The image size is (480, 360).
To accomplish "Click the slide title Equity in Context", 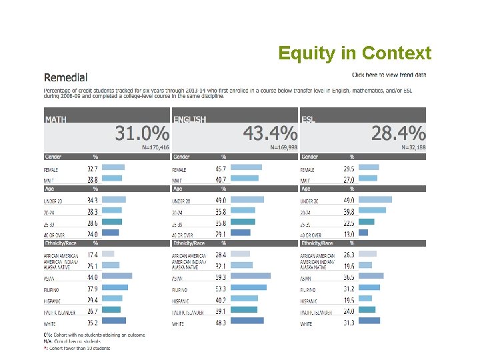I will point(355,53).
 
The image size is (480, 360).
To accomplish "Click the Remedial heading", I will point(65,78).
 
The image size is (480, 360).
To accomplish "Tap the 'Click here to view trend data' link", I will point(389,75).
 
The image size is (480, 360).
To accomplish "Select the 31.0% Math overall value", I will point(142,133).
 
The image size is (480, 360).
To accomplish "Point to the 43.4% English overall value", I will point(270,133).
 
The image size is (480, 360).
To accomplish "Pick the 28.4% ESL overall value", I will point(398,133).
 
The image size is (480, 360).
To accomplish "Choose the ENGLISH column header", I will point(190,119).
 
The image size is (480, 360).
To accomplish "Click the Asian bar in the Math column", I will point(117,276).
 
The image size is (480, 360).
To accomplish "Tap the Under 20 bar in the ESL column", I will point(375,199).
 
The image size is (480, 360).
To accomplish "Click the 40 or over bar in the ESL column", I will point(363,233).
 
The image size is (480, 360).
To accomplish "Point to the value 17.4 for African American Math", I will point(93,255).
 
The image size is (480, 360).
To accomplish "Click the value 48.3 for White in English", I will point(221,323).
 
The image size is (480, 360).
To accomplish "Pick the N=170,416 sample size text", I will point(155,147).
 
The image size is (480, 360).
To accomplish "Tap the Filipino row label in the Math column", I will point(54,289).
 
